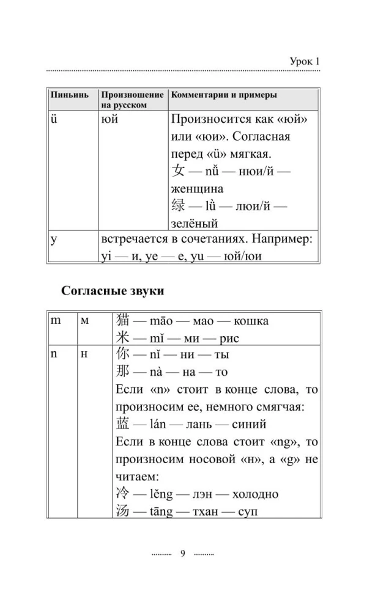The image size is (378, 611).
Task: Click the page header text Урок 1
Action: pos(304,61)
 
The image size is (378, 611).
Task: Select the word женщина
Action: pos(196,189)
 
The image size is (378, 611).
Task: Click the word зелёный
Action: pos(194,224)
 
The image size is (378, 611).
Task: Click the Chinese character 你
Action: pos(123,354)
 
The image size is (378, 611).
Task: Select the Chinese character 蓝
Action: pos(123,424)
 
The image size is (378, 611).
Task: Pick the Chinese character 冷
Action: pos(123,494)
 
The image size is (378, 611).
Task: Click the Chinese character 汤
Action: pos(123,511)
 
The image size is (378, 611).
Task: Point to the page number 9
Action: pos(182,554)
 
